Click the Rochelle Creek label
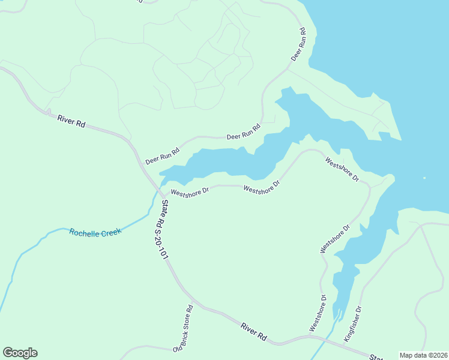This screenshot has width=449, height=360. click(95, 232)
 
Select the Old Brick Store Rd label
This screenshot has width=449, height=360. click(182, 328)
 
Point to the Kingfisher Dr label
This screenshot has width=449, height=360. click(353, 325)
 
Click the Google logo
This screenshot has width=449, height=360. click(20, 353)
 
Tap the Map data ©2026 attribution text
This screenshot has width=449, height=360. click(423, 355)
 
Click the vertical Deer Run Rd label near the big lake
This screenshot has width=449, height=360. click(298, 44)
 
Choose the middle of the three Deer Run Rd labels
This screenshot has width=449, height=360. click(244, 132)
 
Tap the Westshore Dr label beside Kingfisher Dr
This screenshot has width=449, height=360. click(318, 313)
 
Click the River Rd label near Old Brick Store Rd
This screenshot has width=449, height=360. click(253, 332)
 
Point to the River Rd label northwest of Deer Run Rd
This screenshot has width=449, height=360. click(71, 120)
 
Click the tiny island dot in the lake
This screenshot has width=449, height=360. click(424, 178)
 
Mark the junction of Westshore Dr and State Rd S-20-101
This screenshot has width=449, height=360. click(161, 196)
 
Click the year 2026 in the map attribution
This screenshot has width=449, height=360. click(436, 355)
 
